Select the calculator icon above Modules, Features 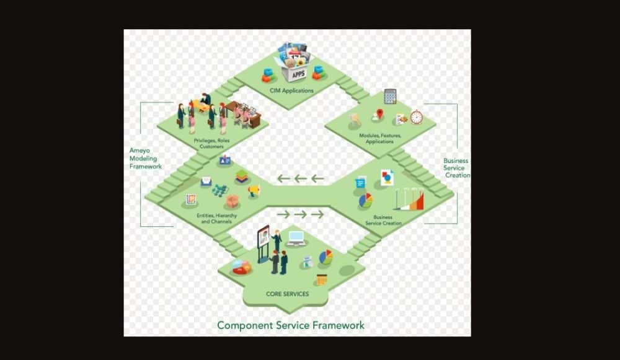(x=390, y=96)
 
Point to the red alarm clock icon (x=416, y=116)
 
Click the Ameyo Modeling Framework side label (x=145, y=158)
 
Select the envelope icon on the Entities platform (x=206, y=182)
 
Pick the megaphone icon (x=253, y=190)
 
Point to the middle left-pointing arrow (x=301, y=179)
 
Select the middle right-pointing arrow (x=301, y=214)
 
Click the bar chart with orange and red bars (x=410, y=200)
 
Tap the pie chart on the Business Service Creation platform (x=366, y=200)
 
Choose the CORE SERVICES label (x=287, y=294)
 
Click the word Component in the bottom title (x=242, y=325)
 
